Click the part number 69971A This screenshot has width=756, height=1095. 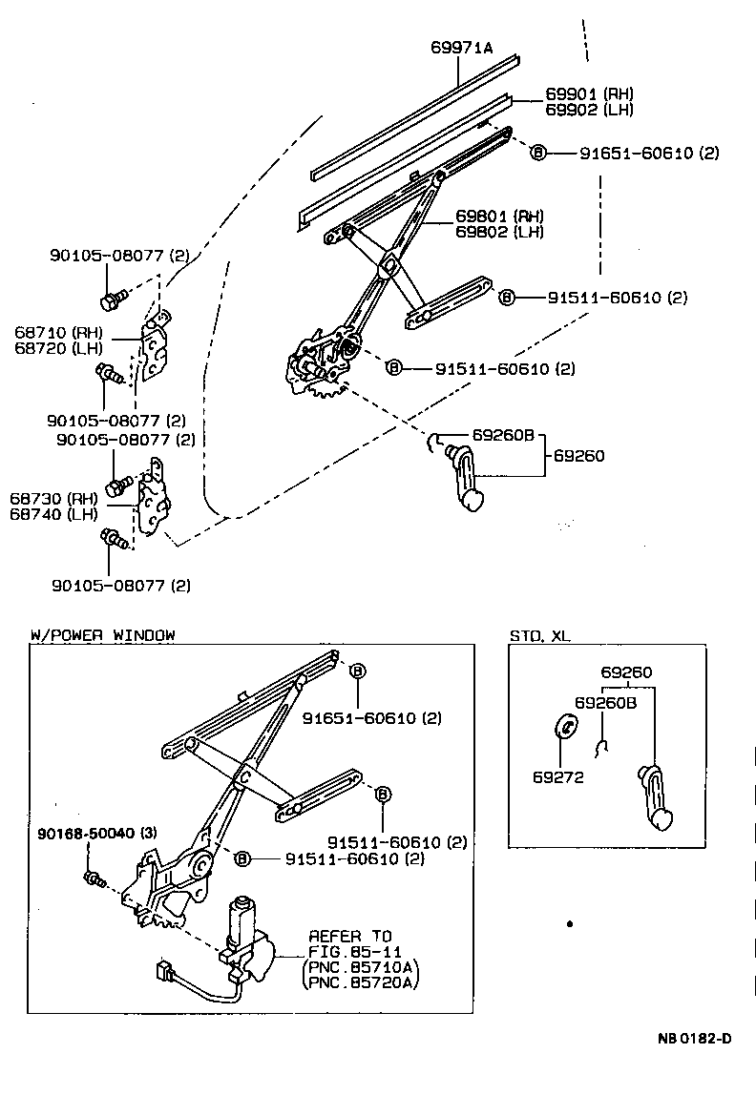point(461,45)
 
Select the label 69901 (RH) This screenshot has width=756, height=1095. point(588,93)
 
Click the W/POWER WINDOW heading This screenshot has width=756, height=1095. point(102,634)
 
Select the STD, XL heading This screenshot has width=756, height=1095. point(539,635)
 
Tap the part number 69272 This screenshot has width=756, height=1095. point(557,776)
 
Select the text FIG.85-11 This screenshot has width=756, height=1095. point(349,951)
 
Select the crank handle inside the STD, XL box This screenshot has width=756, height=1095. point(658,797)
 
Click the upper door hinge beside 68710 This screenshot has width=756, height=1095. point(154,351)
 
